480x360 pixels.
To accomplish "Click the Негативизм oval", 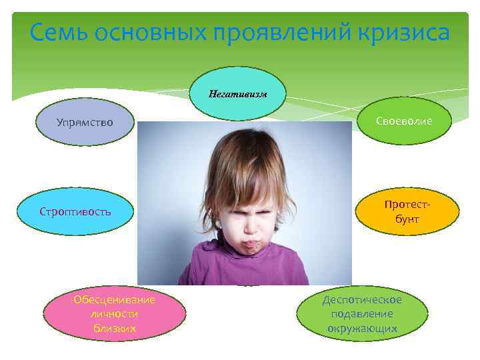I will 237,94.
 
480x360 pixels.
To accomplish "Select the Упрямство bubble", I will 85,123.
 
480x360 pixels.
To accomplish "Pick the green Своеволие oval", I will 404,121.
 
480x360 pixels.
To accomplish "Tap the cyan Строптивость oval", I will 75,211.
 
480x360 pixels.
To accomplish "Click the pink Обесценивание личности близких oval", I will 114,314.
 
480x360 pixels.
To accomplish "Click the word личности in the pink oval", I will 114,314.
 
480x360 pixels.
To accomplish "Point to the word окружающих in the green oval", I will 362,328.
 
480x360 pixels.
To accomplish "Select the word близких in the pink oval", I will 114,328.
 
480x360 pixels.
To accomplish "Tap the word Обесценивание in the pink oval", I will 114,299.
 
